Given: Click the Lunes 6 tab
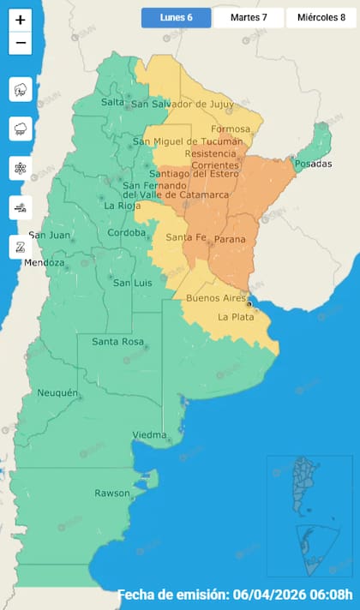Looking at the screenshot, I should (176, 17).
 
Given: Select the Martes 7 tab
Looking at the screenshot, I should (249, 17).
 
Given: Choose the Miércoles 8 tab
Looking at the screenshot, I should (321, 17).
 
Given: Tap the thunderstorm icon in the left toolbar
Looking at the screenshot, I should (21, 89).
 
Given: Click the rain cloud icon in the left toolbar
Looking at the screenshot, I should (21, 129).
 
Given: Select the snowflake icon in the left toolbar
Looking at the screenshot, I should (21, 168).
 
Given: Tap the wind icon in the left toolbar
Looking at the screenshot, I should (21, 206).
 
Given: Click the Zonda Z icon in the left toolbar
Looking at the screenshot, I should (21, 246).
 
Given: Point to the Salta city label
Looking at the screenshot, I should (112, 102).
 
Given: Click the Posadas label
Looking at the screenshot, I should (312, 164).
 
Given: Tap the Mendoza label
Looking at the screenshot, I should (44, 263).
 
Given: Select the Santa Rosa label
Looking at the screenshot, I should (117, 343).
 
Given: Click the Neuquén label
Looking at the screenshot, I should (57, 393).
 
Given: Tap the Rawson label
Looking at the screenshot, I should (112, 493).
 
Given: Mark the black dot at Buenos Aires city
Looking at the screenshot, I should (249, 304).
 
